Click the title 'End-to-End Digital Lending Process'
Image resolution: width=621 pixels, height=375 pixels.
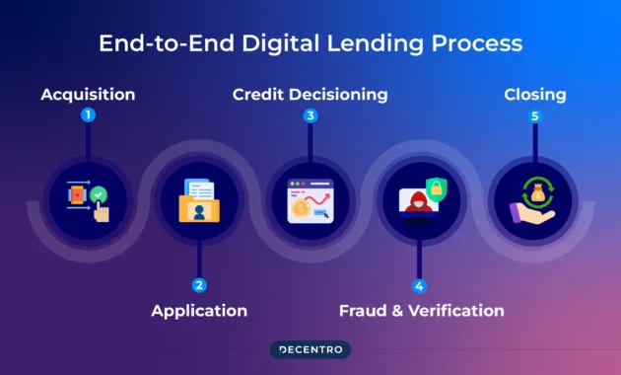(310, 43)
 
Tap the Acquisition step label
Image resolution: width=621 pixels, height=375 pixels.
(88, 95)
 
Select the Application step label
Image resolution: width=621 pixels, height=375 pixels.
(199, 310)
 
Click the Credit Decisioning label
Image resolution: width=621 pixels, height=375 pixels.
(310, 95)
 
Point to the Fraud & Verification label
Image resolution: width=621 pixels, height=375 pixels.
(421, 310)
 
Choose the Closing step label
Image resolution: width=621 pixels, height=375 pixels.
(535, 95)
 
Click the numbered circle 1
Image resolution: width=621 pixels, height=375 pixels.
(88, 115)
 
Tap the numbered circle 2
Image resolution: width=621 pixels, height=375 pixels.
(199, 286)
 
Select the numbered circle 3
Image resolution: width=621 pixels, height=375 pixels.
(310, 115)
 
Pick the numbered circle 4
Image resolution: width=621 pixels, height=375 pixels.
(420, 286)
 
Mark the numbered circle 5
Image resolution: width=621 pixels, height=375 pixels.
(535, 115)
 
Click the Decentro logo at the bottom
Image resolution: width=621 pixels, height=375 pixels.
(310, 348)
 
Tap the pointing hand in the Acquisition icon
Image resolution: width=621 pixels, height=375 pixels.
(101, 210)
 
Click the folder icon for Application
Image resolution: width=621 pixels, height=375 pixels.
(199, 208)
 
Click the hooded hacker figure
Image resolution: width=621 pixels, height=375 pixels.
(414, 201)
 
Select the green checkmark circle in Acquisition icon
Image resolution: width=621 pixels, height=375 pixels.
(99, 194)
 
